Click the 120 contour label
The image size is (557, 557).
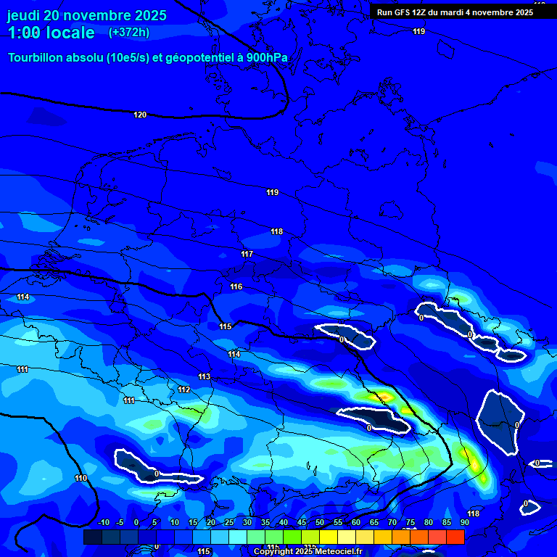[x=140, y=115]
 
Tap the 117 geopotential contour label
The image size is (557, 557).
[x=247, y=254]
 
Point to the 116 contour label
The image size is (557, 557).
[x=236, y=286]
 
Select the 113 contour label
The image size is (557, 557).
[x=205, y=376]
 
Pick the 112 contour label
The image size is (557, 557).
[x=184, y=389]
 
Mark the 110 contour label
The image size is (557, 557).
[x=81, y=478]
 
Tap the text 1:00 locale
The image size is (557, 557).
[x=51, y=33]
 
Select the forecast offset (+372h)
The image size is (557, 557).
[x=129, y=33]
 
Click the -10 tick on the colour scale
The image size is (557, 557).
[x=102, y=523]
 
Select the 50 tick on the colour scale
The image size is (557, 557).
[x=320, y=523]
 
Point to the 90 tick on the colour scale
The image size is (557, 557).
[x=465, y=523]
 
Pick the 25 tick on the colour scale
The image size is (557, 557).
[x=229, y=523]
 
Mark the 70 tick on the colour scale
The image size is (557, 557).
[x=392, y=523]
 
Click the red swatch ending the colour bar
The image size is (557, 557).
[x=455, y=537]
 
